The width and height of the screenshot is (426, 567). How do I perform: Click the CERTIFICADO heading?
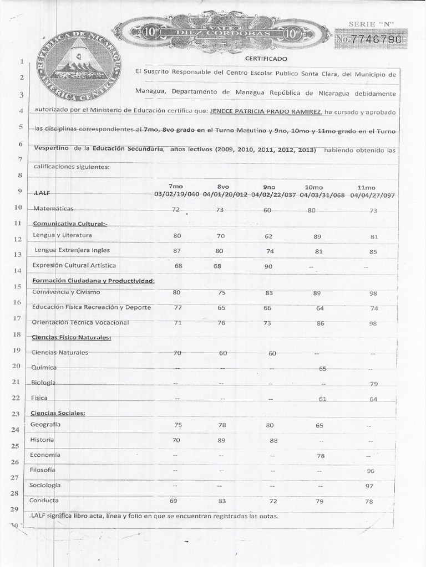263,58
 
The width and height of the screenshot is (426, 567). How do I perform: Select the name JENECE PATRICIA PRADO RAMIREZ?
266,112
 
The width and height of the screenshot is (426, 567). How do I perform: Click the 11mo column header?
367,187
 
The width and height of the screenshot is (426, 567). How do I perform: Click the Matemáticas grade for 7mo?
176,210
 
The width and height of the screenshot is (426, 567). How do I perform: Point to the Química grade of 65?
323,368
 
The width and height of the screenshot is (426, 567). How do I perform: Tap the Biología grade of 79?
374,384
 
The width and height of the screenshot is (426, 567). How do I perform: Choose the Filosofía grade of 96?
371,471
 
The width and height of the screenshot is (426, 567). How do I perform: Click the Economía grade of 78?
320,456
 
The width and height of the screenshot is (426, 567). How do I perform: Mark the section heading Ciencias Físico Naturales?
72,337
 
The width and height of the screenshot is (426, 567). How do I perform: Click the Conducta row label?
44,500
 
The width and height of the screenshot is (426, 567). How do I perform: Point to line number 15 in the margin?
17,286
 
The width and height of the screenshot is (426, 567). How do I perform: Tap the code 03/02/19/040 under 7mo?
176,194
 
